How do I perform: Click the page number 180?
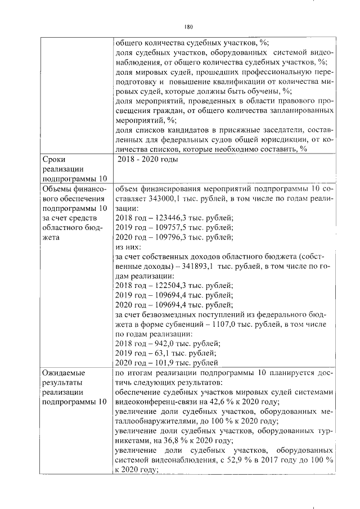pos(188,26)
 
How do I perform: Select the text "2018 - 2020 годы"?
pos(148,160)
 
